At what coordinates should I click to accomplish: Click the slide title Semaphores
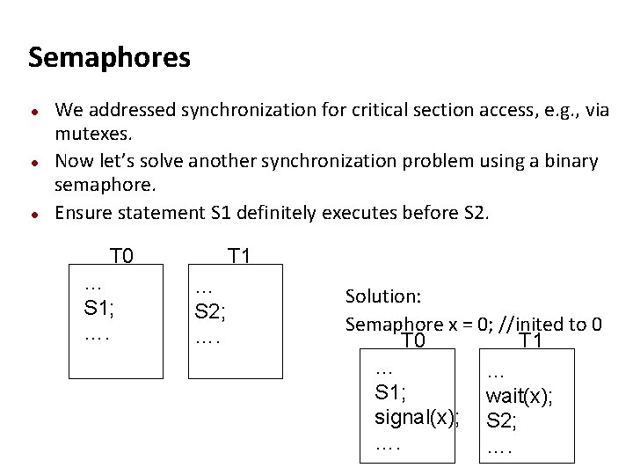pyautogui.click(x=109, y=58)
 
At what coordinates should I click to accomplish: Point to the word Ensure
pyautogui.click(x=84, y=213)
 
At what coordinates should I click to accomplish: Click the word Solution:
pyautogui.click(x=383, y=297)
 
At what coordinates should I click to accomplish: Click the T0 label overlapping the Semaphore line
pyautogui.click(x=413, y=341)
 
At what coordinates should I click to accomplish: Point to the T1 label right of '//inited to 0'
pyautogui.click(x=532, y=341)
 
